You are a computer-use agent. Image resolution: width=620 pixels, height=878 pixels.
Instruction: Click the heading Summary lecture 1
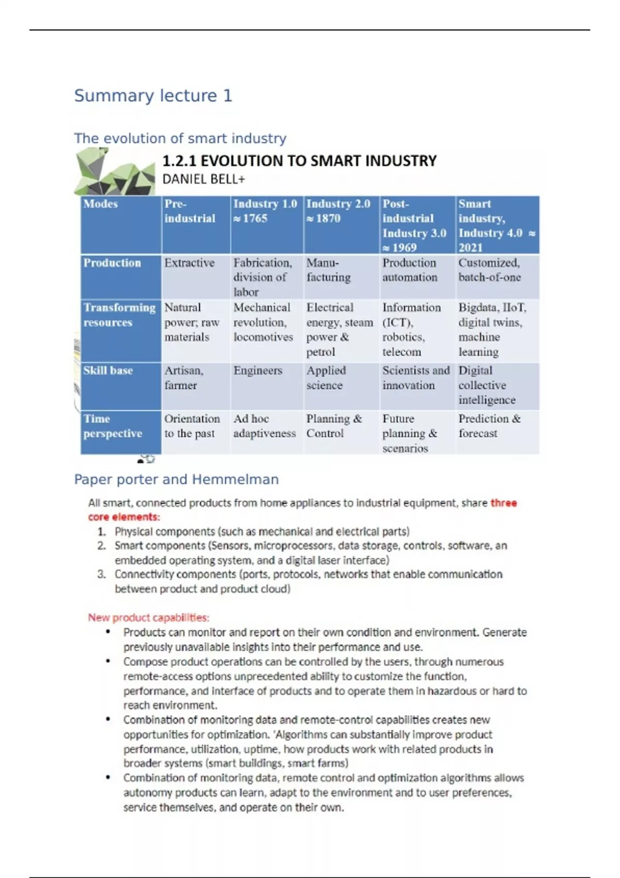(x=153, y=96)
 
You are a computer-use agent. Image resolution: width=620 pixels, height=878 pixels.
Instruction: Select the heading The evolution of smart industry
(x=180, y=138)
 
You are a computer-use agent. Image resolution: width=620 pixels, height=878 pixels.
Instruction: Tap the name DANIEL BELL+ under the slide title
(x=204, y=179)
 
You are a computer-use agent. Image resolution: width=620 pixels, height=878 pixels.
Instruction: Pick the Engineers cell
(x=258, y=370)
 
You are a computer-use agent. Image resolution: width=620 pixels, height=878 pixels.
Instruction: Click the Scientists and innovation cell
(x=416, y=378)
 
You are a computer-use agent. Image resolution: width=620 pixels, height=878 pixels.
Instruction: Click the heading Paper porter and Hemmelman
(x=176, y=479)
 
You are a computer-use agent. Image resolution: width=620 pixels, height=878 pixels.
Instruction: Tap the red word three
(x=504, y=503)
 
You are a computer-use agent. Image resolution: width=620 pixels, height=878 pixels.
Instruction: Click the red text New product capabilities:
(x=148, y=617)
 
